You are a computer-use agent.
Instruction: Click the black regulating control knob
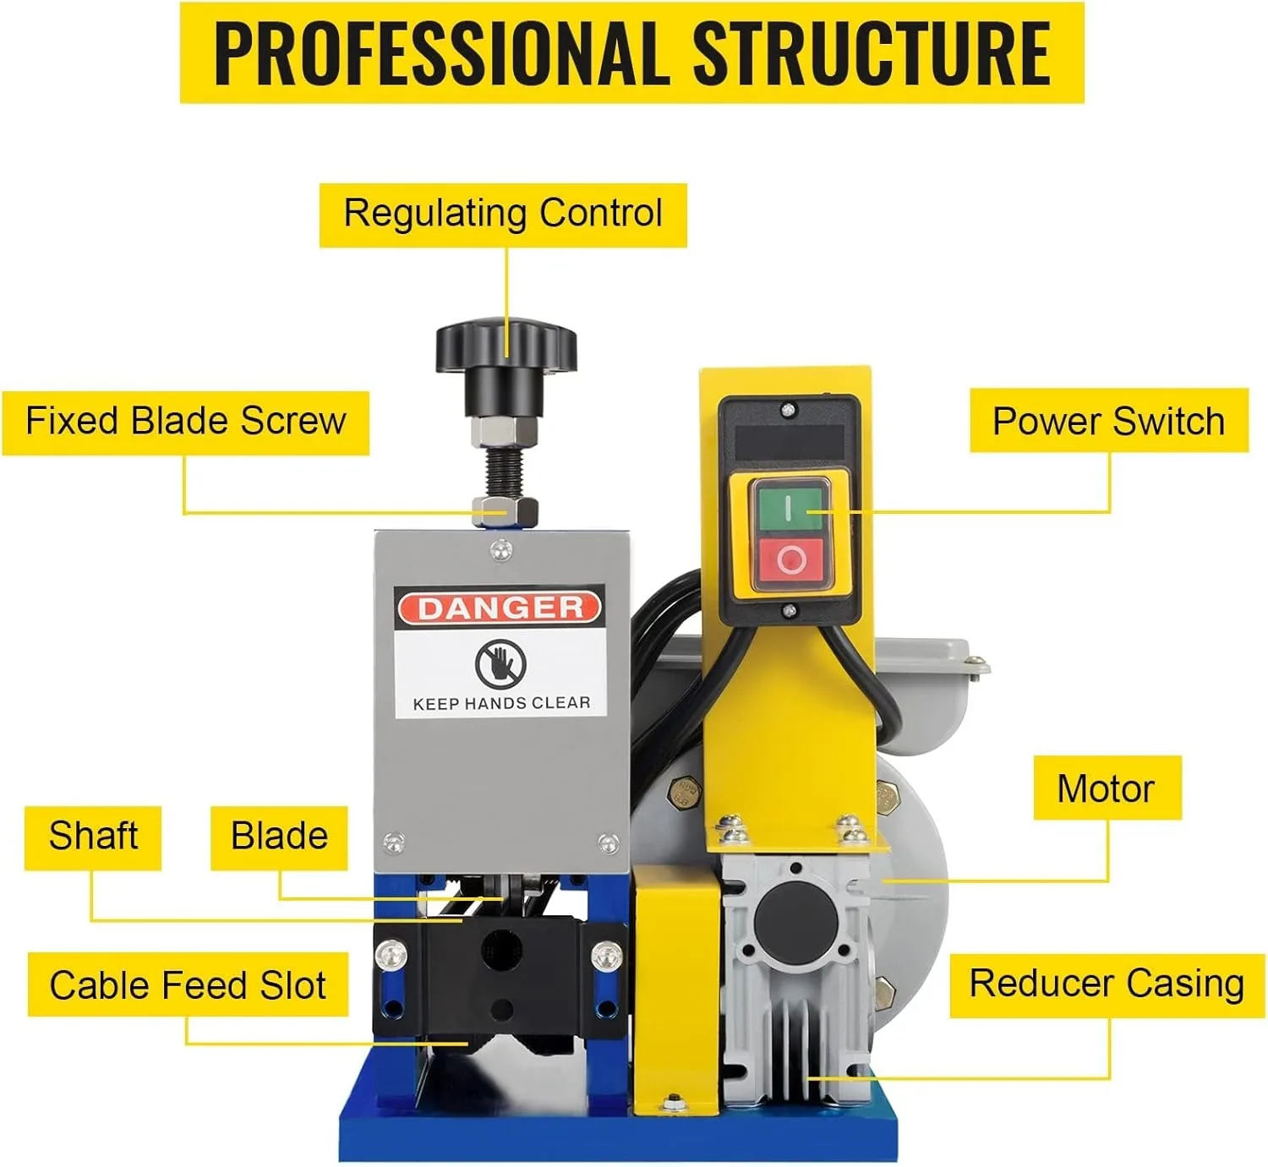(x=506, y=347)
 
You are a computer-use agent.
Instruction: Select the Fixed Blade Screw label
(x=185, y=422)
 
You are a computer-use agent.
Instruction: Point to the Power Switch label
(x=1108, y=421)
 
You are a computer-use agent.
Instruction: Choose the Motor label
(x=1106, y=788)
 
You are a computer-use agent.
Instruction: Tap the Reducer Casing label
(x=1107, y=984)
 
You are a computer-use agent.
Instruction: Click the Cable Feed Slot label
(x=188, y=985)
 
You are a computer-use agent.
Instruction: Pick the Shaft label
(x=93, y=837)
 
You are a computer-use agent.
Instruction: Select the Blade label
(x=279, y=837)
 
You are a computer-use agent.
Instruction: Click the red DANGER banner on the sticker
(x=500, y=608)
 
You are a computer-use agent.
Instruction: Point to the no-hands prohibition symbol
(x=500, y=663)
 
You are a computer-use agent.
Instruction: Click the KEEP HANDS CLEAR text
(x=501, y=703)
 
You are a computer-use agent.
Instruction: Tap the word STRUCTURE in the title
(x=872, y=53)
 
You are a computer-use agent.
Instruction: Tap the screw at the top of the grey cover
(x=501, y=551)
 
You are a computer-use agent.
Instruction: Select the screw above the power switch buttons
(x=788, y=410)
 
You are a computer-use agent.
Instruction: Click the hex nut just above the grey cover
(x=506, y=510)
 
